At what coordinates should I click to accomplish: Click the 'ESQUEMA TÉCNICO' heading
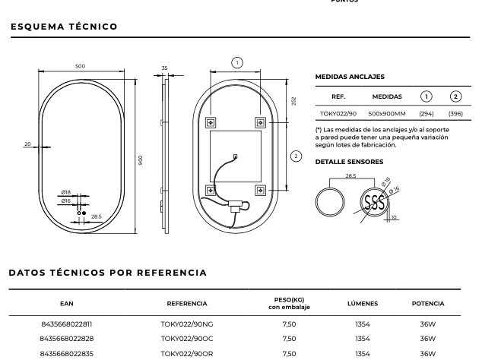tap(64, 27)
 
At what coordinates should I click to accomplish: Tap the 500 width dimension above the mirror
tap(80, 67)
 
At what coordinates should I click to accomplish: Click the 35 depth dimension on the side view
tap(164, 68)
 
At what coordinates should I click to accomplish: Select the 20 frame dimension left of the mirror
tap(27, 144)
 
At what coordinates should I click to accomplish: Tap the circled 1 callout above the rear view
tap(237, 63)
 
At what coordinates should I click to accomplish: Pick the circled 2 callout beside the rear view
tap(296, 156)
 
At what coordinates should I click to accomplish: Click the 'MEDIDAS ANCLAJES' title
tap(349, 77)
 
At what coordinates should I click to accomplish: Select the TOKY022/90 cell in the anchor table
tap(338, 114)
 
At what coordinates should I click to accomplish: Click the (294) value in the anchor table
tap(427, 114)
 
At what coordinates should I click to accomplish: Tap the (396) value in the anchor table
tap(455, 114)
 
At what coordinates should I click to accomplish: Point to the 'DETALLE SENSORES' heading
tap(349, 162)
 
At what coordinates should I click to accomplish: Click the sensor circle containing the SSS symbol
tap(375, 201)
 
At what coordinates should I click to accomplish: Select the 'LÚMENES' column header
tap(363, 304)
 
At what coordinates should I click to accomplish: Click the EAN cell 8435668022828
tap(67, 339)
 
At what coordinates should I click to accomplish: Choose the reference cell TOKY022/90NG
tap(186, 324)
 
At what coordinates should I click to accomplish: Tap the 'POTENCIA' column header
tap(428, 304)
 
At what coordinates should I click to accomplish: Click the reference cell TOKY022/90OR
tap(186, 353)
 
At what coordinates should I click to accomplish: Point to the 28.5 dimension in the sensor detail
tap(350, 176)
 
